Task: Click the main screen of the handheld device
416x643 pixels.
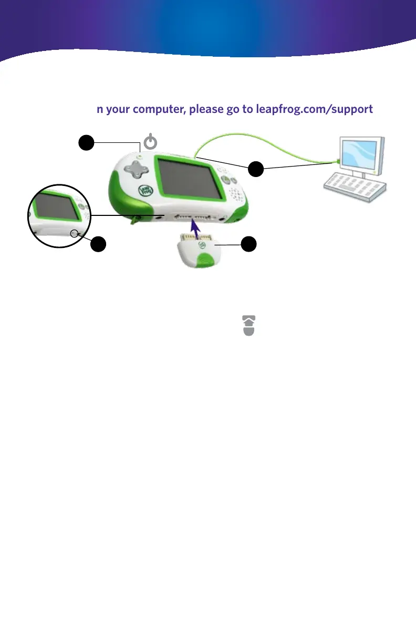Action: (x=186, y=179)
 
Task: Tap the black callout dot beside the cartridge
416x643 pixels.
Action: (x=249, y=243)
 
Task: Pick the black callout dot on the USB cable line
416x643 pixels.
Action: (x=256, y=170)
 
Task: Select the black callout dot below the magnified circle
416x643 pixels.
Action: (x=98, y=244)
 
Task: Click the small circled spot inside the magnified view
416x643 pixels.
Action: (x=75, y=234)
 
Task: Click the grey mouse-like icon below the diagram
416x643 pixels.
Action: (x=249, y=325)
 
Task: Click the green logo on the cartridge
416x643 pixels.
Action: (x=201, y=244)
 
